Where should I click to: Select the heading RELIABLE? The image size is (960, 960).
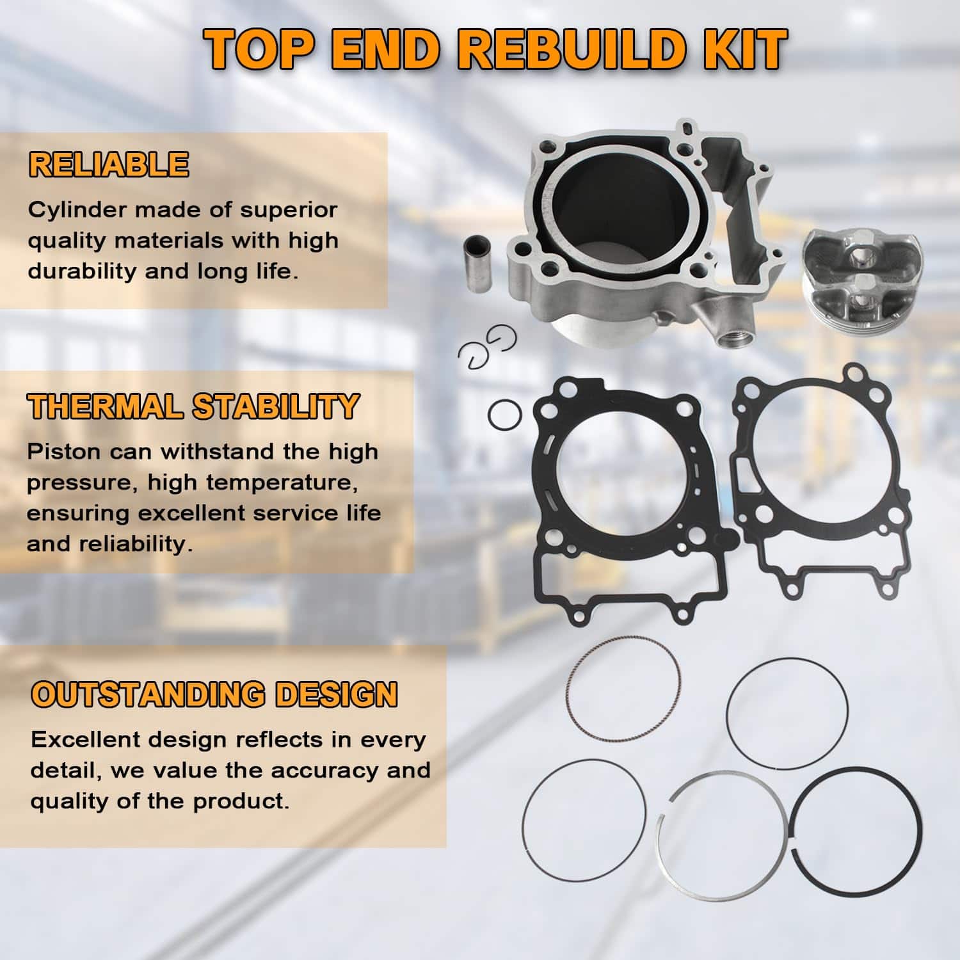(109, 164)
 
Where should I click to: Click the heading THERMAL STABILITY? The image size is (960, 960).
(193, 406)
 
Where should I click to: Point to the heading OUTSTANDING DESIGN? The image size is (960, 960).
(214, 694)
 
